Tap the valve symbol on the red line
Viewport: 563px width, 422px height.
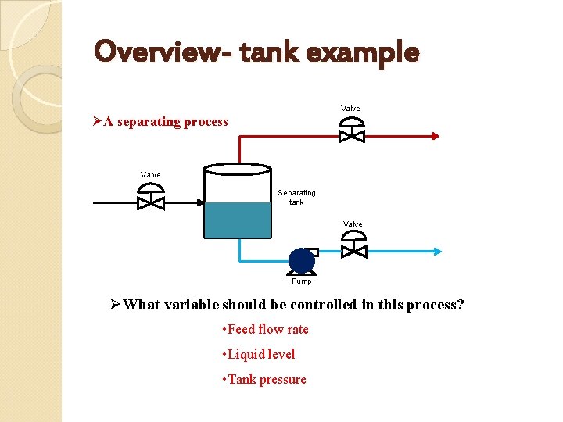tap(351, 131)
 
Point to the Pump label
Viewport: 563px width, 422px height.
tap(301, 281)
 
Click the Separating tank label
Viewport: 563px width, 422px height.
tap(296, 197)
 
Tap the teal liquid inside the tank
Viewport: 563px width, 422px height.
tap(237, 220)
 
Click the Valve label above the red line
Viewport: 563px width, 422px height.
tap(350, 108)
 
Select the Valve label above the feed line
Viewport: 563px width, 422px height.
tap(150, 174)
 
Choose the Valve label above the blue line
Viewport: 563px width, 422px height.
tap(353, 224)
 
